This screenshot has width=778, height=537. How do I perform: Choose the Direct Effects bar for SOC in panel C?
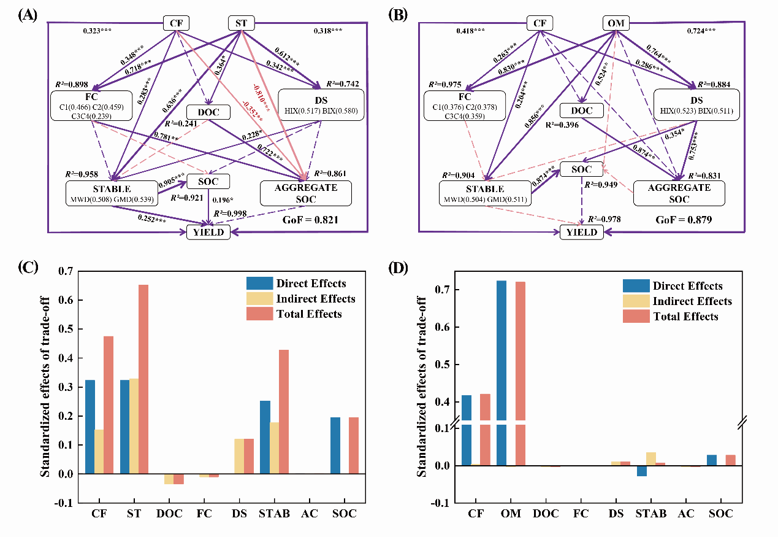tap(335, 446)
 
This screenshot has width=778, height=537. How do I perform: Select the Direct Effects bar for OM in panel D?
tap(502, 373)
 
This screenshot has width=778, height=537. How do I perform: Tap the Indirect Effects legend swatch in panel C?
tap(254, 299)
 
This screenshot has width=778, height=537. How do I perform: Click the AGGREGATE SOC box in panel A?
tap(306, 193)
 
